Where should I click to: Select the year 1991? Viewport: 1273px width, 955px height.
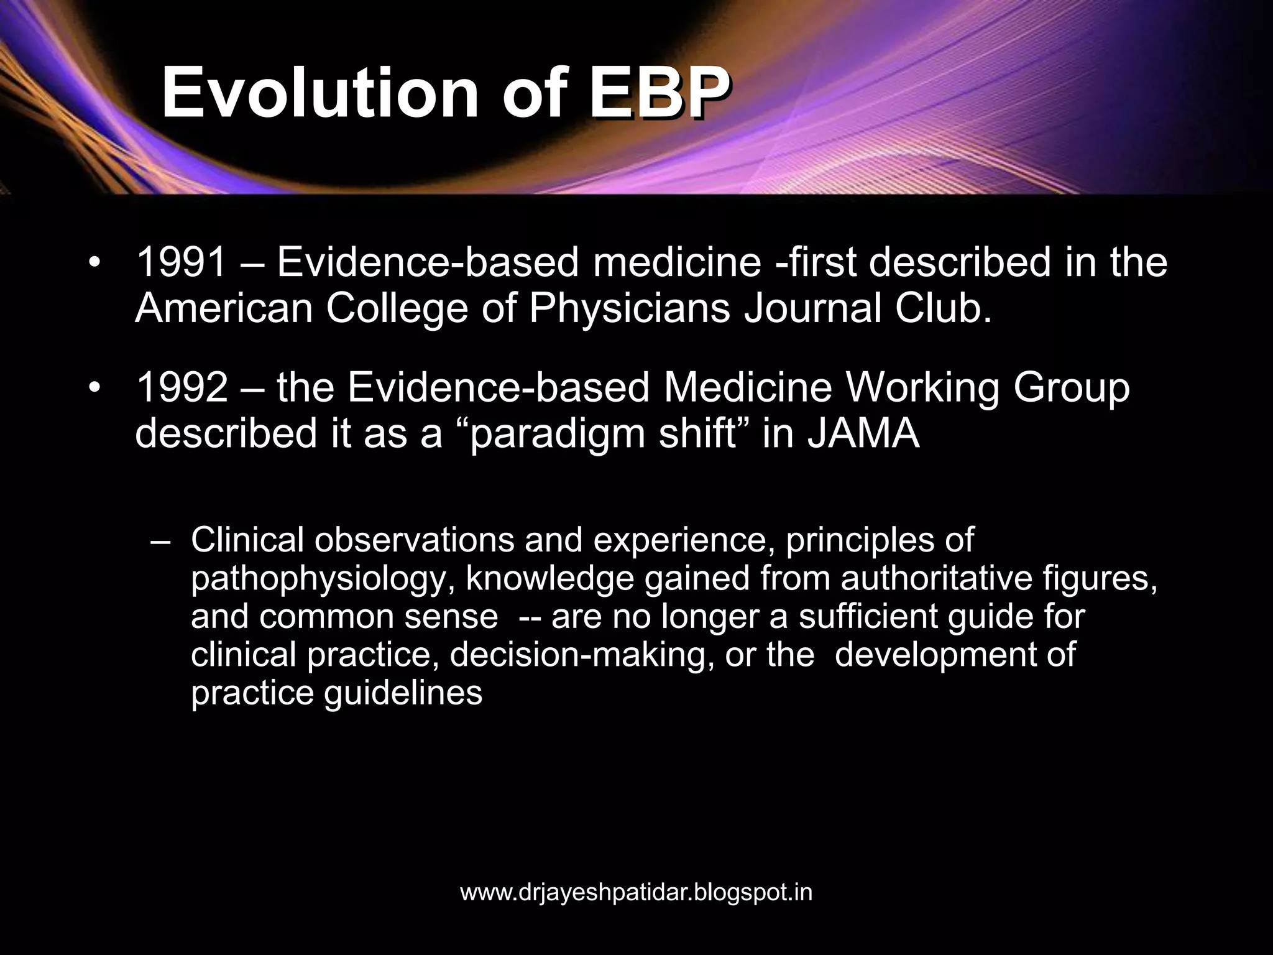coord(181,262)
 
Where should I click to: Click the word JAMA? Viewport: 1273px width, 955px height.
coord(863,434)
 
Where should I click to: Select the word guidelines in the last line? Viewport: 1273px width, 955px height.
coord(403,693)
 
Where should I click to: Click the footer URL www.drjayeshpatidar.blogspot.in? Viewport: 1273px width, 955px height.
coord(636,893)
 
